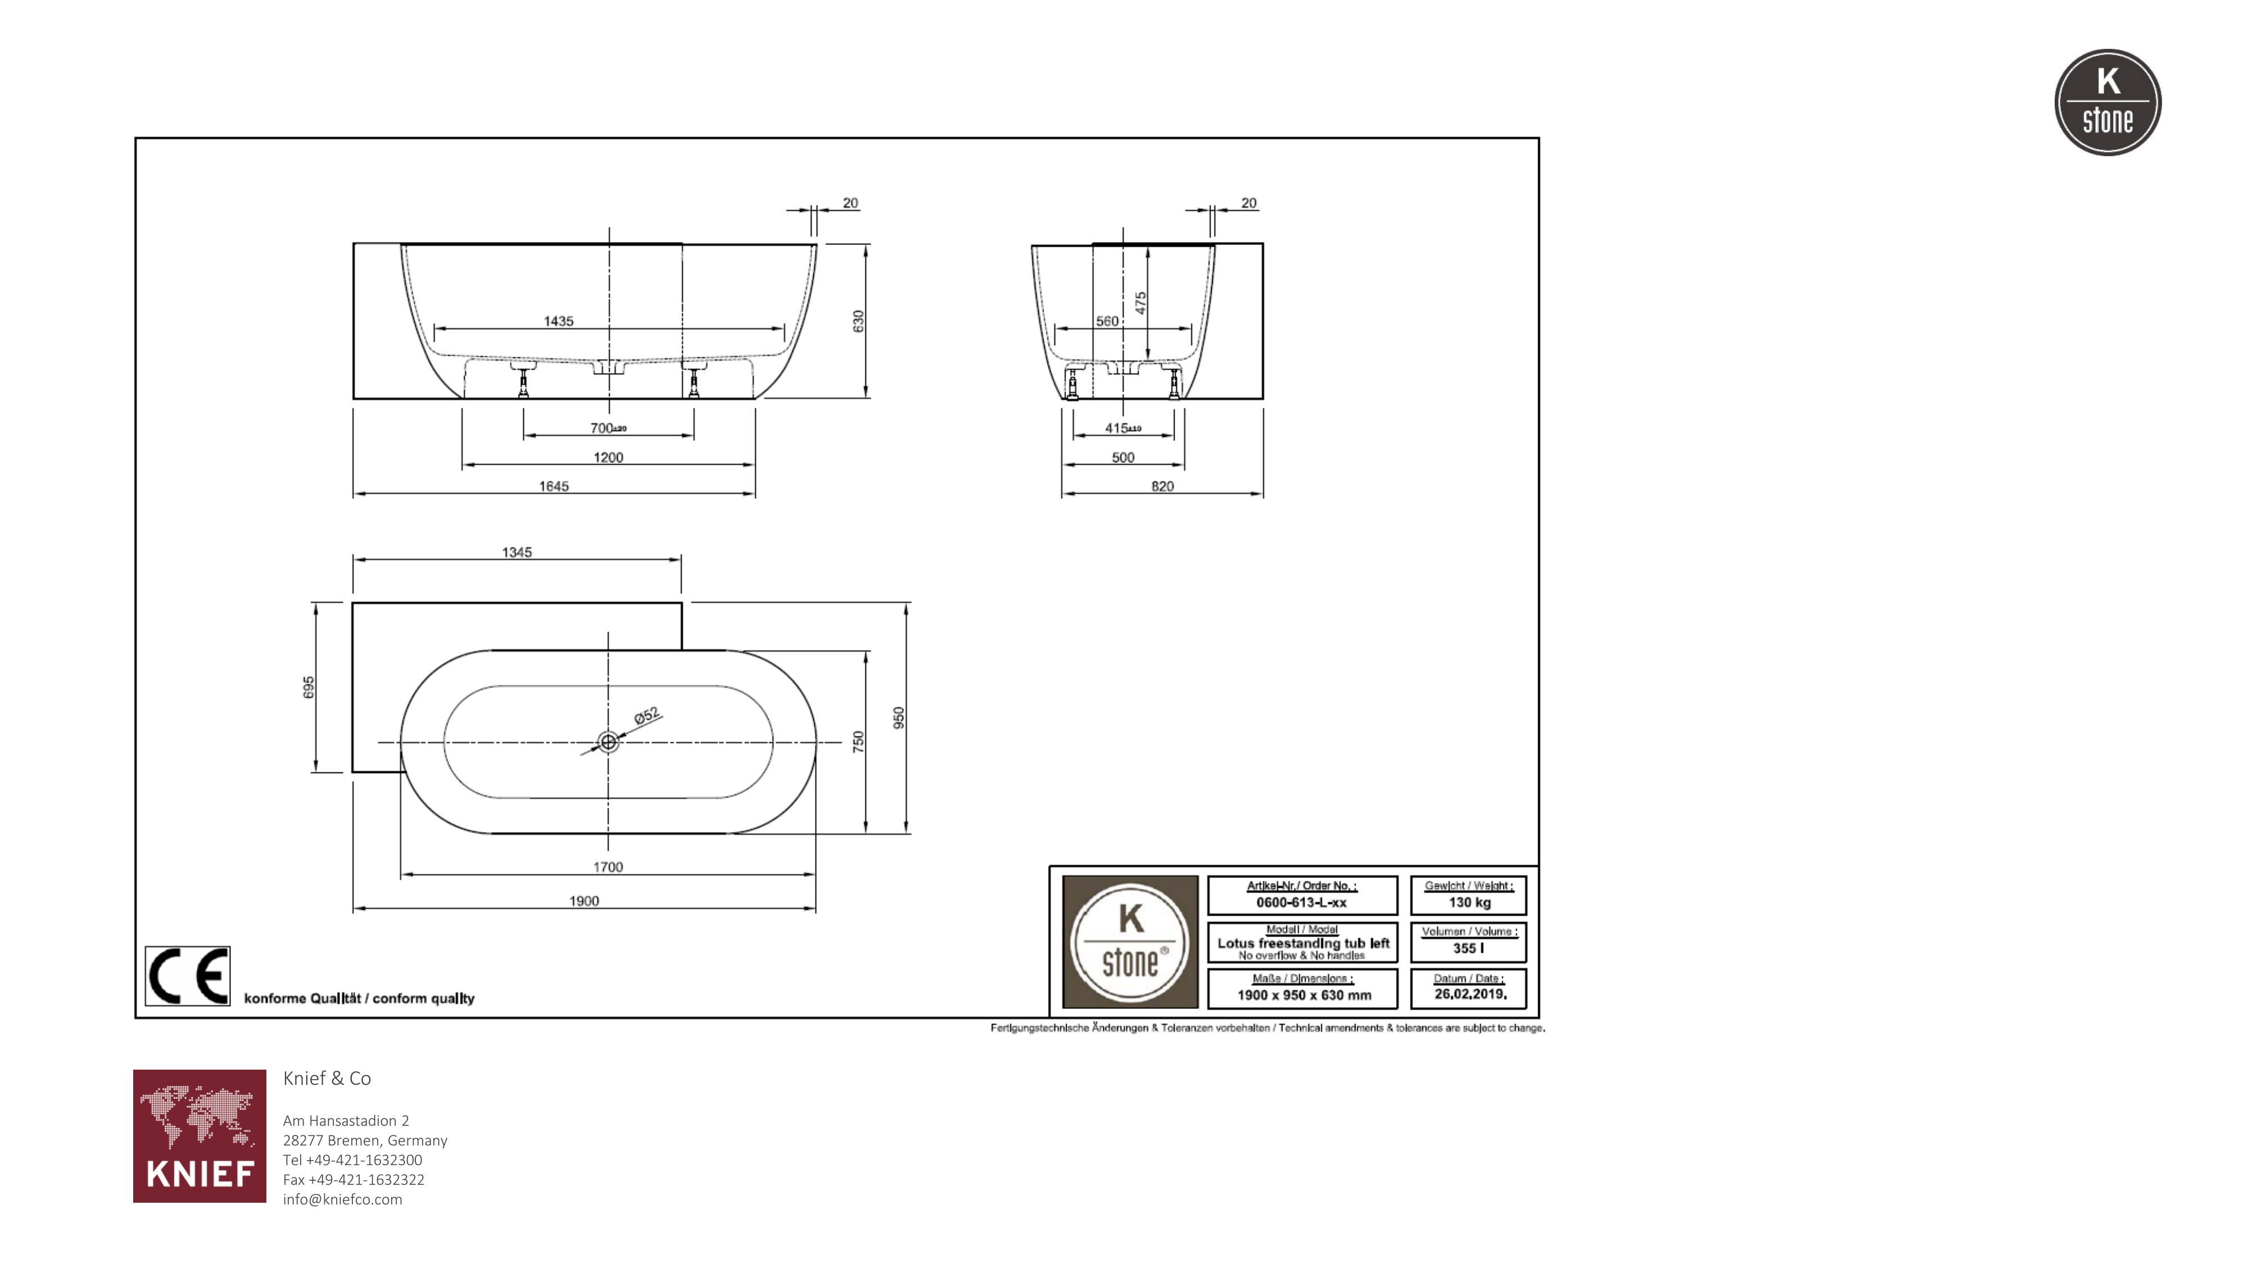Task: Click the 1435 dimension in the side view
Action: click(559, 321)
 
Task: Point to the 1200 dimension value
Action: click(608, 457)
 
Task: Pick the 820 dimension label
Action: click(1162, 486)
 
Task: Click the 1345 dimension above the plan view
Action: click(516, 552)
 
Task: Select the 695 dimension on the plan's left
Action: click(308, 686)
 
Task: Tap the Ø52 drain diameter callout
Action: click(647, 716)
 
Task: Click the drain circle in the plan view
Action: click(608, 742)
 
